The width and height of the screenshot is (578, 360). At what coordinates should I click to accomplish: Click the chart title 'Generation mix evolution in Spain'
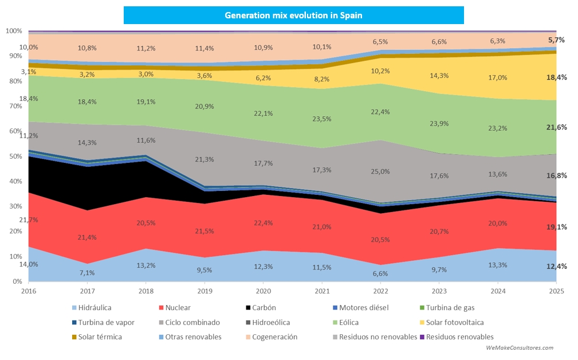(293, 15)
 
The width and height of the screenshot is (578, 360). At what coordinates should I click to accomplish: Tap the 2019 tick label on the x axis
(205, 291)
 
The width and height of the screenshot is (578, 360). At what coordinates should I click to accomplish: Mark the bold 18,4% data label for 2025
(557, 77)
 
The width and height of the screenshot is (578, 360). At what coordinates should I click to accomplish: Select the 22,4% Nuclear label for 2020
(264, 223)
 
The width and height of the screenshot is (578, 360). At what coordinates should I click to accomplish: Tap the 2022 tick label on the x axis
(380, 291)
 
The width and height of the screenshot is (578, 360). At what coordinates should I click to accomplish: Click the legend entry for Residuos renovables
(456, 337)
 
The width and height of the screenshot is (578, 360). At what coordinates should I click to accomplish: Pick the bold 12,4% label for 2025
(557, 267)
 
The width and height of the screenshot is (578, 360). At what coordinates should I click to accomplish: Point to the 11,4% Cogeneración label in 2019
(205, 48)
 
